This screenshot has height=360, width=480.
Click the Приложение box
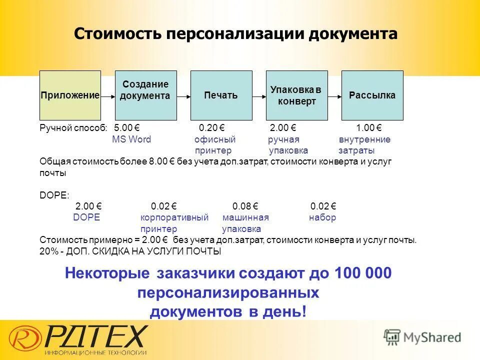(70, 95)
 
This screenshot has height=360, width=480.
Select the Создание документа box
(146, 95)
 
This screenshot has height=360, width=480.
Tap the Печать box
(221, 95)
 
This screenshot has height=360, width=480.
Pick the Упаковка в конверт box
(296, 95)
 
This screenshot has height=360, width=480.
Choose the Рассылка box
(372, 95)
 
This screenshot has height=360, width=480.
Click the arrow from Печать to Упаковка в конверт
(258, 95)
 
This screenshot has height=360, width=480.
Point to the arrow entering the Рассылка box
(334, 95)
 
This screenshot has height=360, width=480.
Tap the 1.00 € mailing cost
(369, 128)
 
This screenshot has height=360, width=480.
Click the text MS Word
(131, 139)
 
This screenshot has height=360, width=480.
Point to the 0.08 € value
(245, 206)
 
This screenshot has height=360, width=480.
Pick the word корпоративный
(174, 217)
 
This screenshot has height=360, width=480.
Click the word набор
(322, 217)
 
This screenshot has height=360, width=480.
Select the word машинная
(245, 217)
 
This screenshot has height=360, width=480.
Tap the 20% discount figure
(48, 251)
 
